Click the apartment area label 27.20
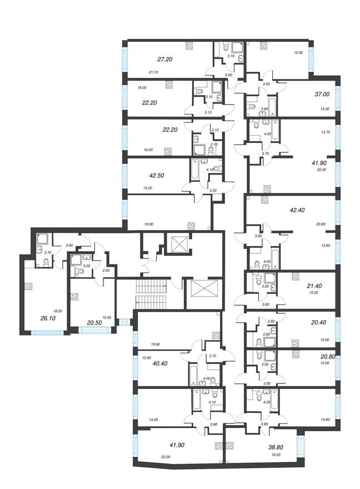pyautogui.click(x=165, y=59)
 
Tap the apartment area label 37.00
pyautogui.click(x=322, y=94)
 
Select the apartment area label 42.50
pyautogui.click(x=157, y=176)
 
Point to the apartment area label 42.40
pyautogui.click(x=297, y=210)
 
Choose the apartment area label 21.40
pyautogui.click(x=314, y=286)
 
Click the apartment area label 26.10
pyautogui.click(x=48, y=319)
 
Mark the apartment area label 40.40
pyautogui.click(x=160, y=363)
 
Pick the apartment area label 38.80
pyautogui.click(x=276, y=447)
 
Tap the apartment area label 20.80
pyautogui.click(x=328, y=357)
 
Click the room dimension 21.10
pyautogui.click(x=153, y=72)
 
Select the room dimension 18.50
pyautogui.click(x=58, y=311)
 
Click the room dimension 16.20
pyautogui.click(x=276, y=455)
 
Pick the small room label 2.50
pyautogui.click(x=106, y=270)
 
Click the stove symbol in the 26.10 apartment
pyautogui.click(x=29, y=287)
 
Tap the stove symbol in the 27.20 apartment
pyautogui.click(x=189, y=46)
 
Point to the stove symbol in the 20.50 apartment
pyautogui.click(x=74, y=296)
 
